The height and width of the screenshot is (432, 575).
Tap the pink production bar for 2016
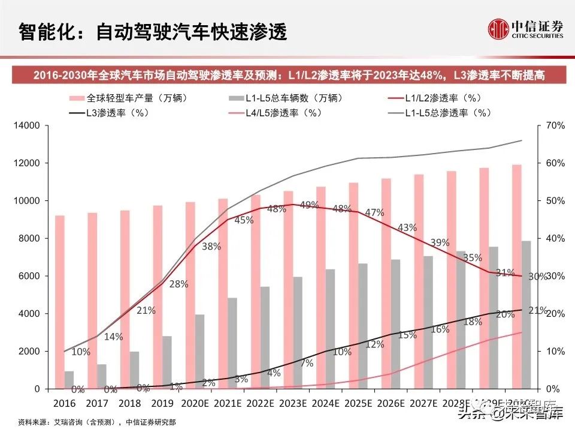pos(60,302)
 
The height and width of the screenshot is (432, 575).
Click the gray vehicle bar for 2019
pos(168,362)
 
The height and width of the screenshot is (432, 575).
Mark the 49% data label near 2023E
pos(309,205)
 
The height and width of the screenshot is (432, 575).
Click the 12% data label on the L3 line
pos(374,344)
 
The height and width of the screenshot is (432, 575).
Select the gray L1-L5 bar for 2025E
pos(364,326)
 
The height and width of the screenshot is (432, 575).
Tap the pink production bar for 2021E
pos(223,293)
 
